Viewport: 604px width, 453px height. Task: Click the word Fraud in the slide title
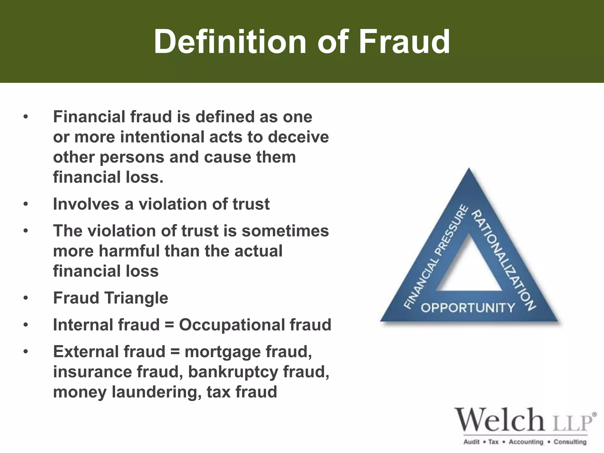(405, 42)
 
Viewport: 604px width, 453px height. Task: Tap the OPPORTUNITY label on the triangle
(468, 308)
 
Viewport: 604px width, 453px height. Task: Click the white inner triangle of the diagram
(469, 271)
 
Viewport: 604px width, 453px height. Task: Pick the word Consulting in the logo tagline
(570, 442)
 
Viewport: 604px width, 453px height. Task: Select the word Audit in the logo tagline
(472, 442)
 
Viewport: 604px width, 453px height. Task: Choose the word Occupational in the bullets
(232, 325)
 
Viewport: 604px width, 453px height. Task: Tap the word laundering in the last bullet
(156, 392)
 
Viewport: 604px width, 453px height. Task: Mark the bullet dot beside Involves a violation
(26, 204)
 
